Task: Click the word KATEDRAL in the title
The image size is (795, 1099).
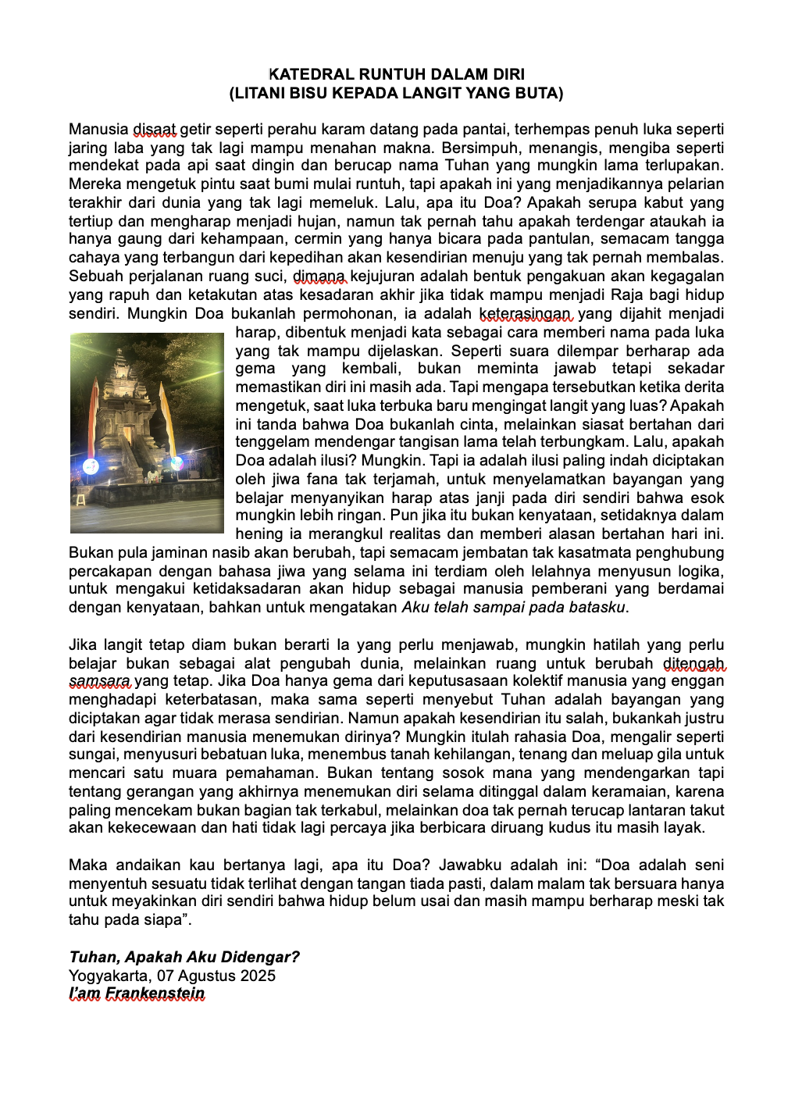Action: [310, 75]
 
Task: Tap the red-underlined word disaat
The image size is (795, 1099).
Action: [154, 130]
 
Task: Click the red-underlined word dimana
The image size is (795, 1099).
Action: [319, 277]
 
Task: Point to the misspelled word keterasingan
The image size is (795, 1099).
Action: [526, 314]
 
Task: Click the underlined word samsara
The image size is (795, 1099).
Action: [100, 681]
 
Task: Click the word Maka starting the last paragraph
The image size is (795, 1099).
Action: [87, 865]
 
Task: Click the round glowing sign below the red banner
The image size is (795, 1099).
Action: [91, 466]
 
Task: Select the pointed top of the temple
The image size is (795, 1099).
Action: [119, 351]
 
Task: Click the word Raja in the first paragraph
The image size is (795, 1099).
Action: [627, 295]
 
